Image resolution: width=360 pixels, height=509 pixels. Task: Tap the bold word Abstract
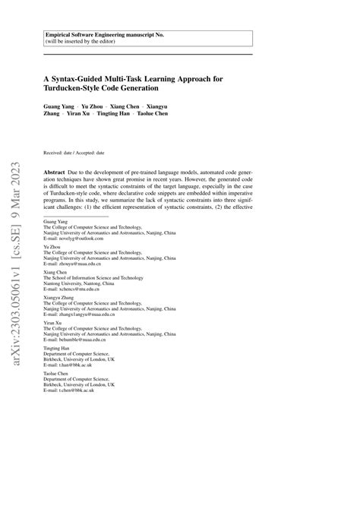click(55, 173)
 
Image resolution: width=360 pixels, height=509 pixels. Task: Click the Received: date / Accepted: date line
click(74, 153)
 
